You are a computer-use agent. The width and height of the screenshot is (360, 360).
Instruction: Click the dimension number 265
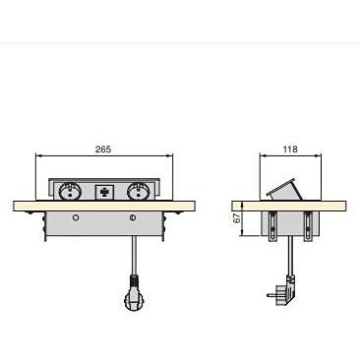click(x=103, y=150)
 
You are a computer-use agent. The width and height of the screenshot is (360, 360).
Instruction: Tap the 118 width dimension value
click(x=290, y=150)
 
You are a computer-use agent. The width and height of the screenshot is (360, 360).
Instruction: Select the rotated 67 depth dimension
click(x=237, y=218)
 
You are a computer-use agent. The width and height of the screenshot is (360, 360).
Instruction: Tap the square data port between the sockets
click(x=104, y=192)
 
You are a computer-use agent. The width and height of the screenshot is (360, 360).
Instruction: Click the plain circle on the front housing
click(x=76, y=217)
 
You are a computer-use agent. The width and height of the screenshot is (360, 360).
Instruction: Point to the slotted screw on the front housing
click(x=133, y=217)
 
